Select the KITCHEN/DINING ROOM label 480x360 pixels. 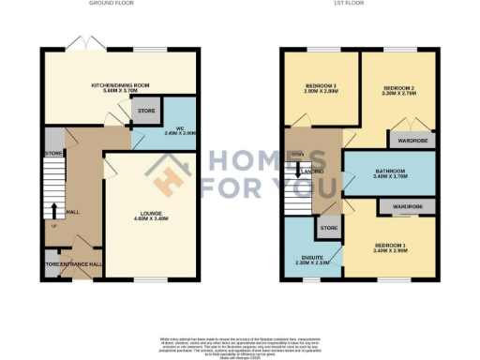[x=121, y=86]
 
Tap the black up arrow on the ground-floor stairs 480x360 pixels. [x=52, y=209]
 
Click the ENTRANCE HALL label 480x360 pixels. [x=82, y=264]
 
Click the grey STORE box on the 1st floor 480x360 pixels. [x=329, y=228]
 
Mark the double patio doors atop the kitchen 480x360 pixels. [x=81, y=43]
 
